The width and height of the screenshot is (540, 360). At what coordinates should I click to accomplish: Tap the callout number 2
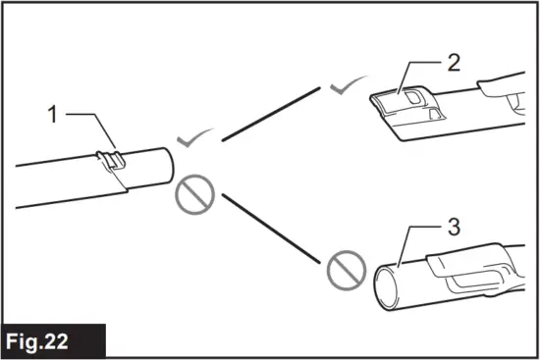(453, 64)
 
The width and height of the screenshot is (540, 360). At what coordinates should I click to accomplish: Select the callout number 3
(453, 228)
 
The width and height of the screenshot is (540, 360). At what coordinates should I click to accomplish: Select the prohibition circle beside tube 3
(343, 266)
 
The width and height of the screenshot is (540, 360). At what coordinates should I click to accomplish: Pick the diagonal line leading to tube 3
(270, 227)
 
